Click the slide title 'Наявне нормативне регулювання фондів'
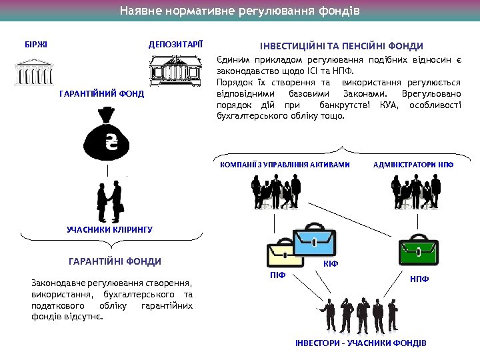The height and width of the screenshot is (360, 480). pos(239,11)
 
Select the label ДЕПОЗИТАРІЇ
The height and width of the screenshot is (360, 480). pos(176,45)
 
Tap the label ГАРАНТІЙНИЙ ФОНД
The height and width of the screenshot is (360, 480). pos(101,95)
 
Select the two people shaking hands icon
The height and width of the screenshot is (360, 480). pos(109,201)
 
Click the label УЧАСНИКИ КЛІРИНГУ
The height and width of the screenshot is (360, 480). pos(110,229)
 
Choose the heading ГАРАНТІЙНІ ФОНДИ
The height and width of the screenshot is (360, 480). pos(115,261)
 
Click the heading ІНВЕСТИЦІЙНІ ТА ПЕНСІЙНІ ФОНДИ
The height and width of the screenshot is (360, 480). pos(341,46)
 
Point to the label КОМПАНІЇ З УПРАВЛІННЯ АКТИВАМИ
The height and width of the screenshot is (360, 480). pos(285,164)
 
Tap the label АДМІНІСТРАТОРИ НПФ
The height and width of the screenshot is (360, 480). pos(413,164)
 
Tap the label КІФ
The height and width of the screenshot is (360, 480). pos(331,264)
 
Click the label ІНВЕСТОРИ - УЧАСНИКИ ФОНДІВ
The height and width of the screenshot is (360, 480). pos(361,343)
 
